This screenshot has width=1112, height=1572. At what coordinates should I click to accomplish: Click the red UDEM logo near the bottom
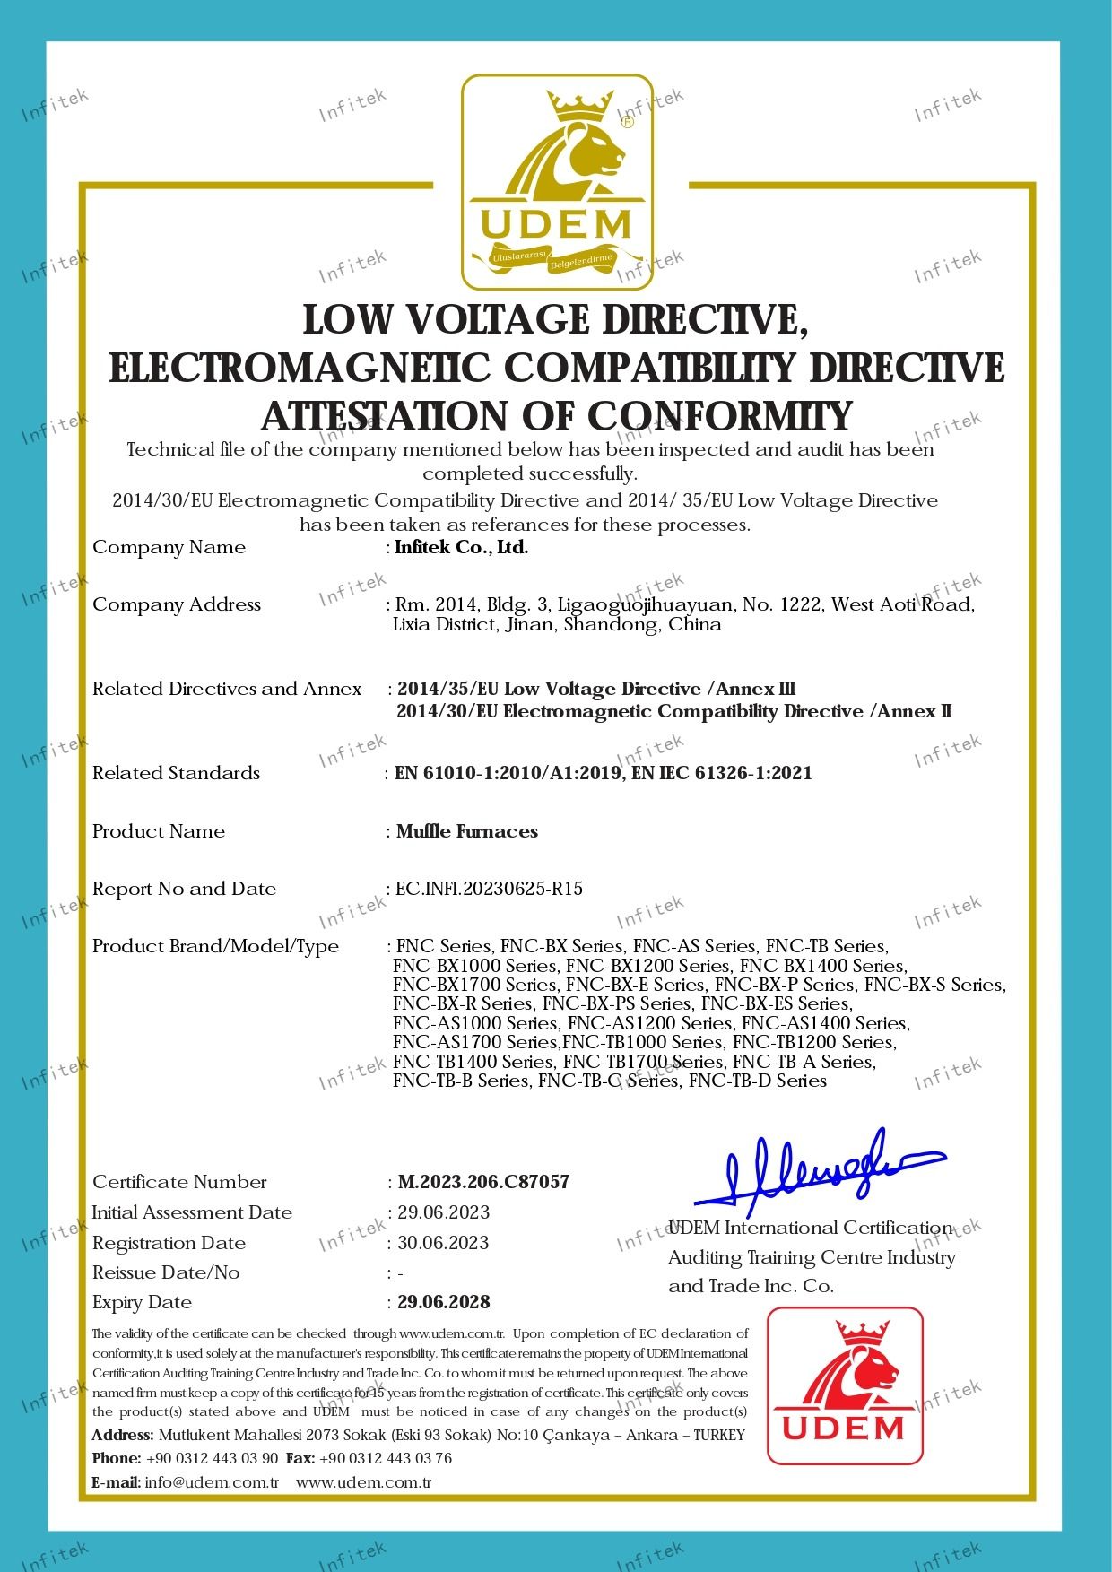(x=844, y=1385)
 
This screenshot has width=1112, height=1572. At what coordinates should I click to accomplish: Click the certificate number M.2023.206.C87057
(x=483, y=1182)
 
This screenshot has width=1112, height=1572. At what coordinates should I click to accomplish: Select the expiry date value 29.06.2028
(x=444, y=1302)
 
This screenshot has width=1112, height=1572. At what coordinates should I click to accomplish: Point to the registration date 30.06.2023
(x=443, y=1243)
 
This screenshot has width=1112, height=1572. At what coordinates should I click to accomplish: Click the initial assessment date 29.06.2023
(x=444, y=1212)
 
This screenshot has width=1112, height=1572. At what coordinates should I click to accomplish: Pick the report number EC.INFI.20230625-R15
(x=490, y=889)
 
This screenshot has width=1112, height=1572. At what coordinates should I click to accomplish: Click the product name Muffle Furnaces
(x=467, y=831)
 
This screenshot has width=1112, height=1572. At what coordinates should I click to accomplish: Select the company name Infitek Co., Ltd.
(x=462, y=547)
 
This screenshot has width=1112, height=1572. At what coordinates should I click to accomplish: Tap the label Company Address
(x=177, y=604)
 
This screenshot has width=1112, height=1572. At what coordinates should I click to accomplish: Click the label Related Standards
(x=176, y=773)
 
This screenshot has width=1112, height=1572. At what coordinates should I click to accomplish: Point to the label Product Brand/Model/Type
(x=215, y=946)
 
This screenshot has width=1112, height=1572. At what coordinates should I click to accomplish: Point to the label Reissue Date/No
(x=166, y=1272)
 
